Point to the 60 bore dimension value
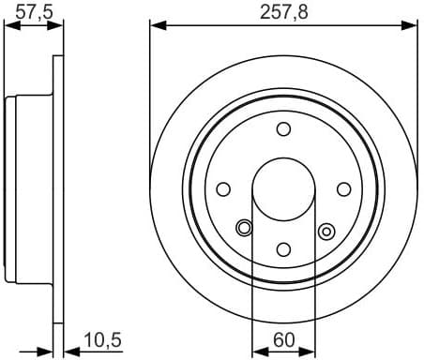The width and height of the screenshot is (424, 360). pos(284,338)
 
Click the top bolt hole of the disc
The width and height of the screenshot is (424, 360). pos(284,129)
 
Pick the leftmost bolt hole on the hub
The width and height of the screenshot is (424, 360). pos(224,188)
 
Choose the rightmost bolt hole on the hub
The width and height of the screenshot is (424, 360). pos(343,188)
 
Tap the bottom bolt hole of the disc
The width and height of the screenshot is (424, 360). pos(284,248)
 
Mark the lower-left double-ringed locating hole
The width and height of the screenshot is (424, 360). pos(244,227)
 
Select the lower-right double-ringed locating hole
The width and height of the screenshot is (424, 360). pos(326,229)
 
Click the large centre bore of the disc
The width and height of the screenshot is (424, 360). pos(284,188)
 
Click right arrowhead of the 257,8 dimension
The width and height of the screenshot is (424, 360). pos(413,25)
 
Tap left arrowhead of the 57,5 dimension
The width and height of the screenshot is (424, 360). pos(9,26)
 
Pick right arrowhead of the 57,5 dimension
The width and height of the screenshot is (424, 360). pos(59,26)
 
